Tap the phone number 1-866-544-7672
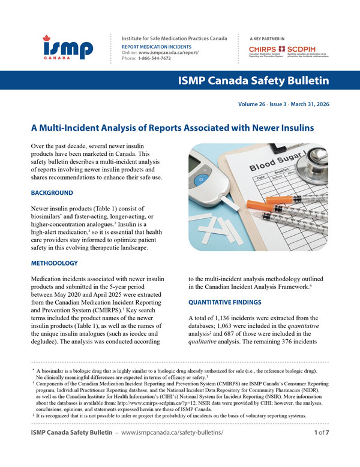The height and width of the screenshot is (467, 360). [154, 58]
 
